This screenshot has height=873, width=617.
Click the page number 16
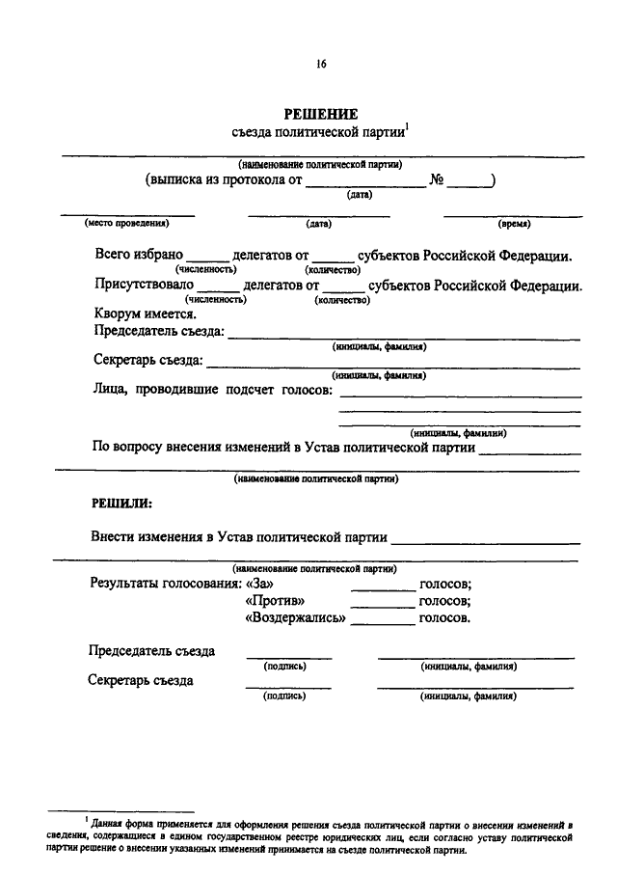click(321, 65)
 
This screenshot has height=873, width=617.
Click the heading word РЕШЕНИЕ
click(321, 113)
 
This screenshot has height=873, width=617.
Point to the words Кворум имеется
click(146, 314)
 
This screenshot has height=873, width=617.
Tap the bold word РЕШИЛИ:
click(121, 503)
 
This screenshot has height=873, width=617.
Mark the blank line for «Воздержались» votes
click(383, 623)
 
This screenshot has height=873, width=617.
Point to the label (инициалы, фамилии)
click(459, 433)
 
